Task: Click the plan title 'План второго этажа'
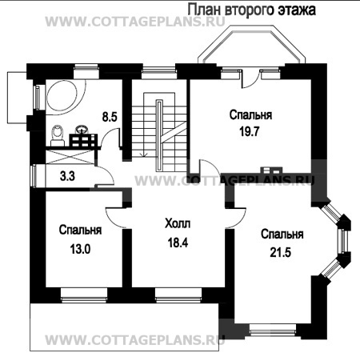251,10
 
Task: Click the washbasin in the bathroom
82,129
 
